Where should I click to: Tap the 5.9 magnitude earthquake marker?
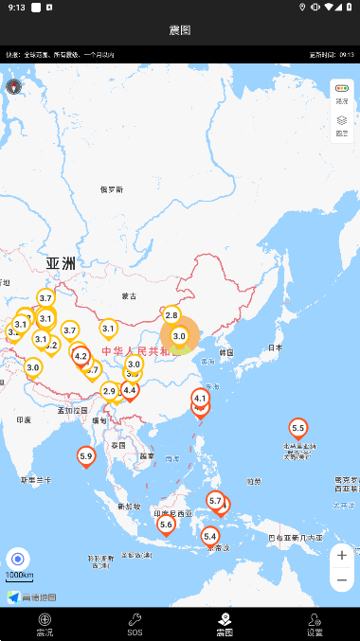coord(86,456)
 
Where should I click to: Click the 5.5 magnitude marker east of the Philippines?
coord(298,428)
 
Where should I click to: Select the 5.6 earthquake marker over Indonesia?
coord(166,524)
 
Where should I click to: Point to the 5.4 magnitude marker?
coord(210,536)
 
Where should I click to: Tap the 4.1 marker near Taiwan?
coord(200,400)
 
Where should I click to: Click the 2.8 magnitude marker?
coord(171,315)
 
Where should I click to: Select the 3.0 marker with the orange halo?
coord(179,335)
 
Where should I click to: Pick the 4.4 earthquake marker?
coord(130,389)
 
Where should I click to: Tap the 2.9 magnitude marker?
coord(109,391)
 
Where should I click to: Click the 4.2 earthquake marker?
coord(81,356)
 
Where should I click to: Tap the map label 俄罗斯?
coord(112,189)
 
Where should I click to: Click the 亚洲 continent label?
coord(60,263)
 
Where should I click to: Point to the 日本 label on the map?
coord(275,347)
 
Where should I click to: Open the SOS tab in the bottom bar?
coord(135,624)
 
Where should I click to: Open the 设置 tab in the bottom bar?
coord(315,624)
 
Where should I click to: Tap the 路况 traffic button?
coord(342,93)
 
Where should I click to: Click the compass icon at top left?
coord(14,87)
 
